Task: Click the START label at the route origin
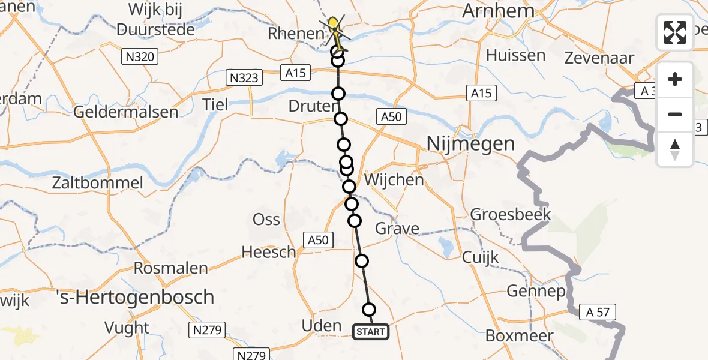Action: (x=371, y=331)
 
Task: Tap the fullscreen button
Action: (x=675, y=32)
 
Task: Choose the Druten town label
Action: (x=313, y=107)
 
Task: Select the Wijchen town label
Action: (x=394, y=179)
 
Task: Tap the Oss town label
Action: (x=266, y=220)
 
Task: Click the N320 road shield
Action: (x=140, y=58)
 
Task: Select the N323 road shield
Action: (x=244, y=77)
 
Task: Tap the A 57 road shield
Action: (x=597, y=311)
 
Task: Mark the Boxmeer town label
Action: (x=518, y=335)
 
